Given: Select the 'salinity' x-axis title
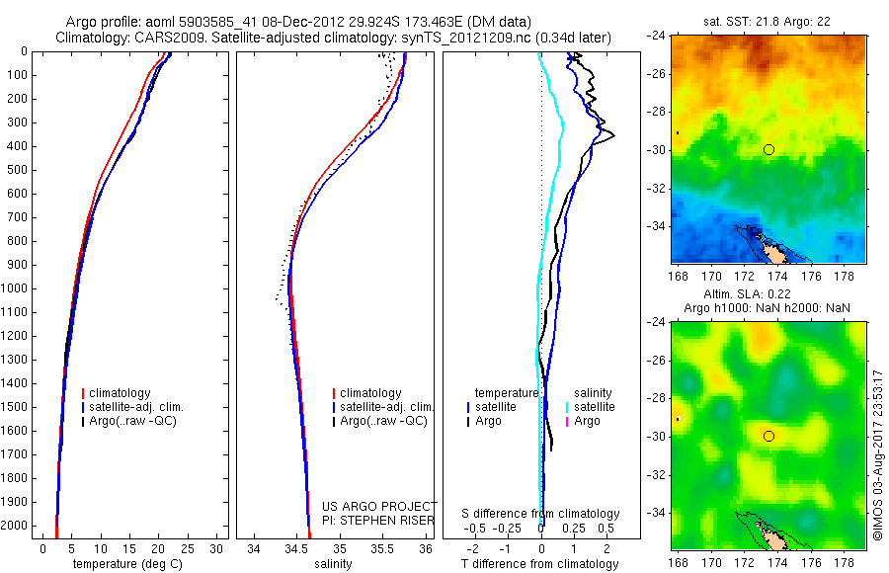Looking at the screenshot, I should (332, 564).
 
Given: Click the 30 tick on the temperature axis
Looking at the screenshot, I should (217, 548).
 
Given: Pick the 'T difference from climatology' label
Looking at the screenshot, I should (540, 564).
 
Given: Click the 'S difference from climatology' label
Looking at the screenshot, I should (540, 514).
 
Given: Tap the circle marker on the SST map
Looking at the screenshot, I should (768, 149).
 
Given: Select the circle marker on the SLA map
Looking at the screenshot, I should (768, 436).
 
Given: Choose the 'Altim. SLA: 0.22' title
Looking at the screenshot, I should (767, 296).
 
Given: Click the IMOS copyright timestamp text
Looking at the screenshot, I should (877, 454).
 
